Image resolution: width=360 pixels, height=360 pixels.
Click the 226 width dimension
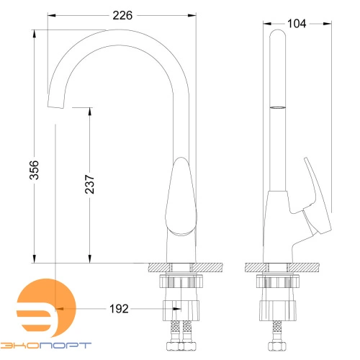pos(122,16)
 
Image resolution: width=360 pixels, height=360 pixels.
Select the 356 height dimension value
pos(34,170)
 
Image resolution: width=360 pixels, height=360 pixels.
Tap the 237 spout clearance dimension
pos(90,184)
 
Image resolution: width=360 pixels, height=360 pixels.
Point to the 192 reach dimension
pos(119,309)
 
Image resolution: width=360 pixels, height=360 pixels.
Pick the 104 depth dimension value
pos(297,24)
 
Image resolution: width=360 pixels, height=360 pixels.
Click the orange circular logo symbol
pos(46,308)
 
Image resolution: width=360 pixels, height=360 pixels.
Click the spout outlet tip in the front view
pos(56,107)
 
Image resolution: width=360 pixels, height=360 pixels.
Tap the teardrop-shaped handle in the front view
pos(181,197)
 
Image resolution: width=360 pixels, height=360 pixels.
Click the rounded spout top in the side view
pos(278,34)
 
